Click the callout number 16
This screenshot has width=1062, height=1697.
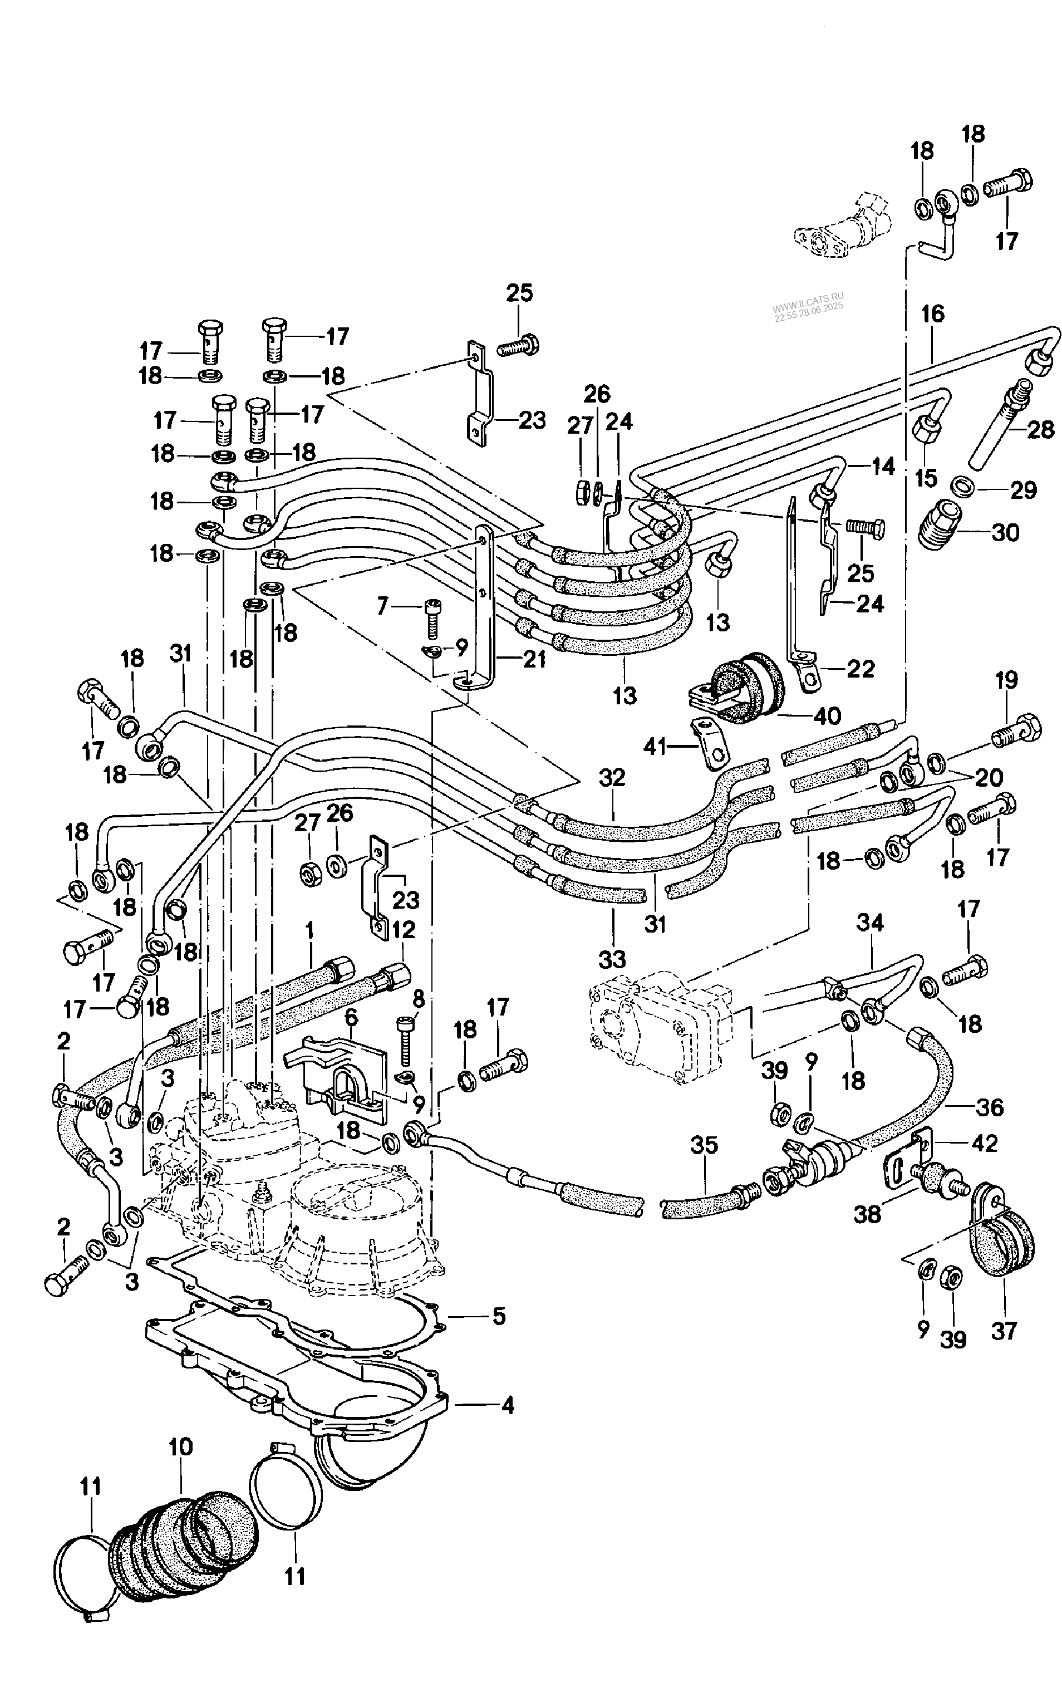coord(933,314)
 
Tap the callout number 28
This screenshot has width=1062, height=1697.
coord(1040,429)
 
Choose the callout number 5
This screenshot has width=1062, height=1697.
coord(499,1316)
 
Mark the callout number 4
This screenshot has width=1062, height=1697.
coord(507,1405)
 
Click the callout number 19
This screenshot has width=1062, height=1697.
coord(1006,680)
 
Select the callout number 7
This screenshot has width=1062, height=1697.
coord(383,605)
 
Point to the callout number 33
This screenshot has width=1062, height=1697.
coord(612,959)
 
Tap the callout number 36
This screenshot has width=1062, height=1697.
coord(990,1108)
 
